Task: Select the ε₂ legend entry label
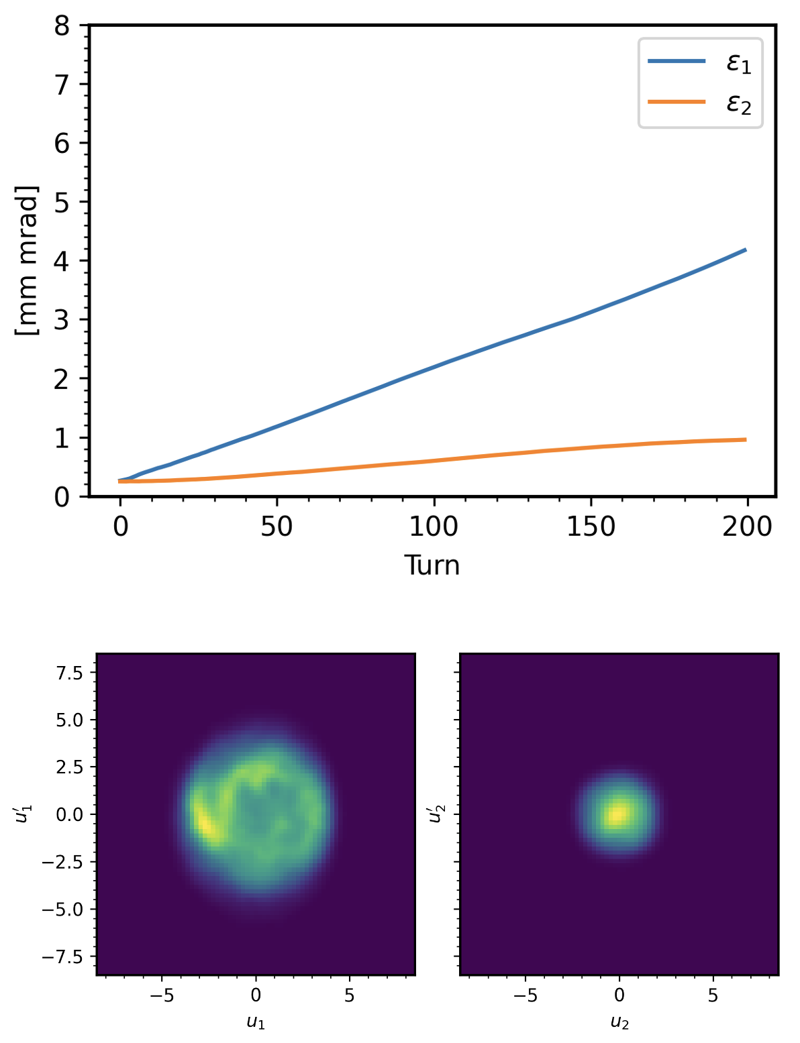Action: [x=739, y=105]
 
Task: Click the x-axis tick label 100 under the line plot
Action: [x=434, y=527]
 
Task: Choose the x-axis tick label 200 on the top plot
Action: [x=747, y=527]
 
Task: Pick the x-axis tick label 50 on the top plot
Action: [x=277, y=527]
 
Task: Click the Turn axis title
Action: [x=432, y=565]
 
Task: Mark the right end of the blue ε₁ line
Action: [x=746, y=250]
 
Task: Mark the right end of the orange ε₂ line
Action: [x=746, y=440]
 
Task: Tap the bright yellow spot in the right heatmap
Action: [x=617, y=814]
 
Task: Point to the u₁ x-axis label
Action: [x=256, y=1023]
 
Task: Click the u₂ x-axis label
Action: [x=619, y=1023]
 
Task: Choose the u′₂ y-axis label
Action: [x=434, y=814]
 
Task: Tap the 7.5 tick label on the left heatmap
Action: [x=70, y=673]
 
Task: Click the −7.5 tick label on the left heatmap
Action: [x=66, y=956]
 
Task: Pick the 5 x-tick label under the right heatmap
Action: [x=713, y=996]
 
